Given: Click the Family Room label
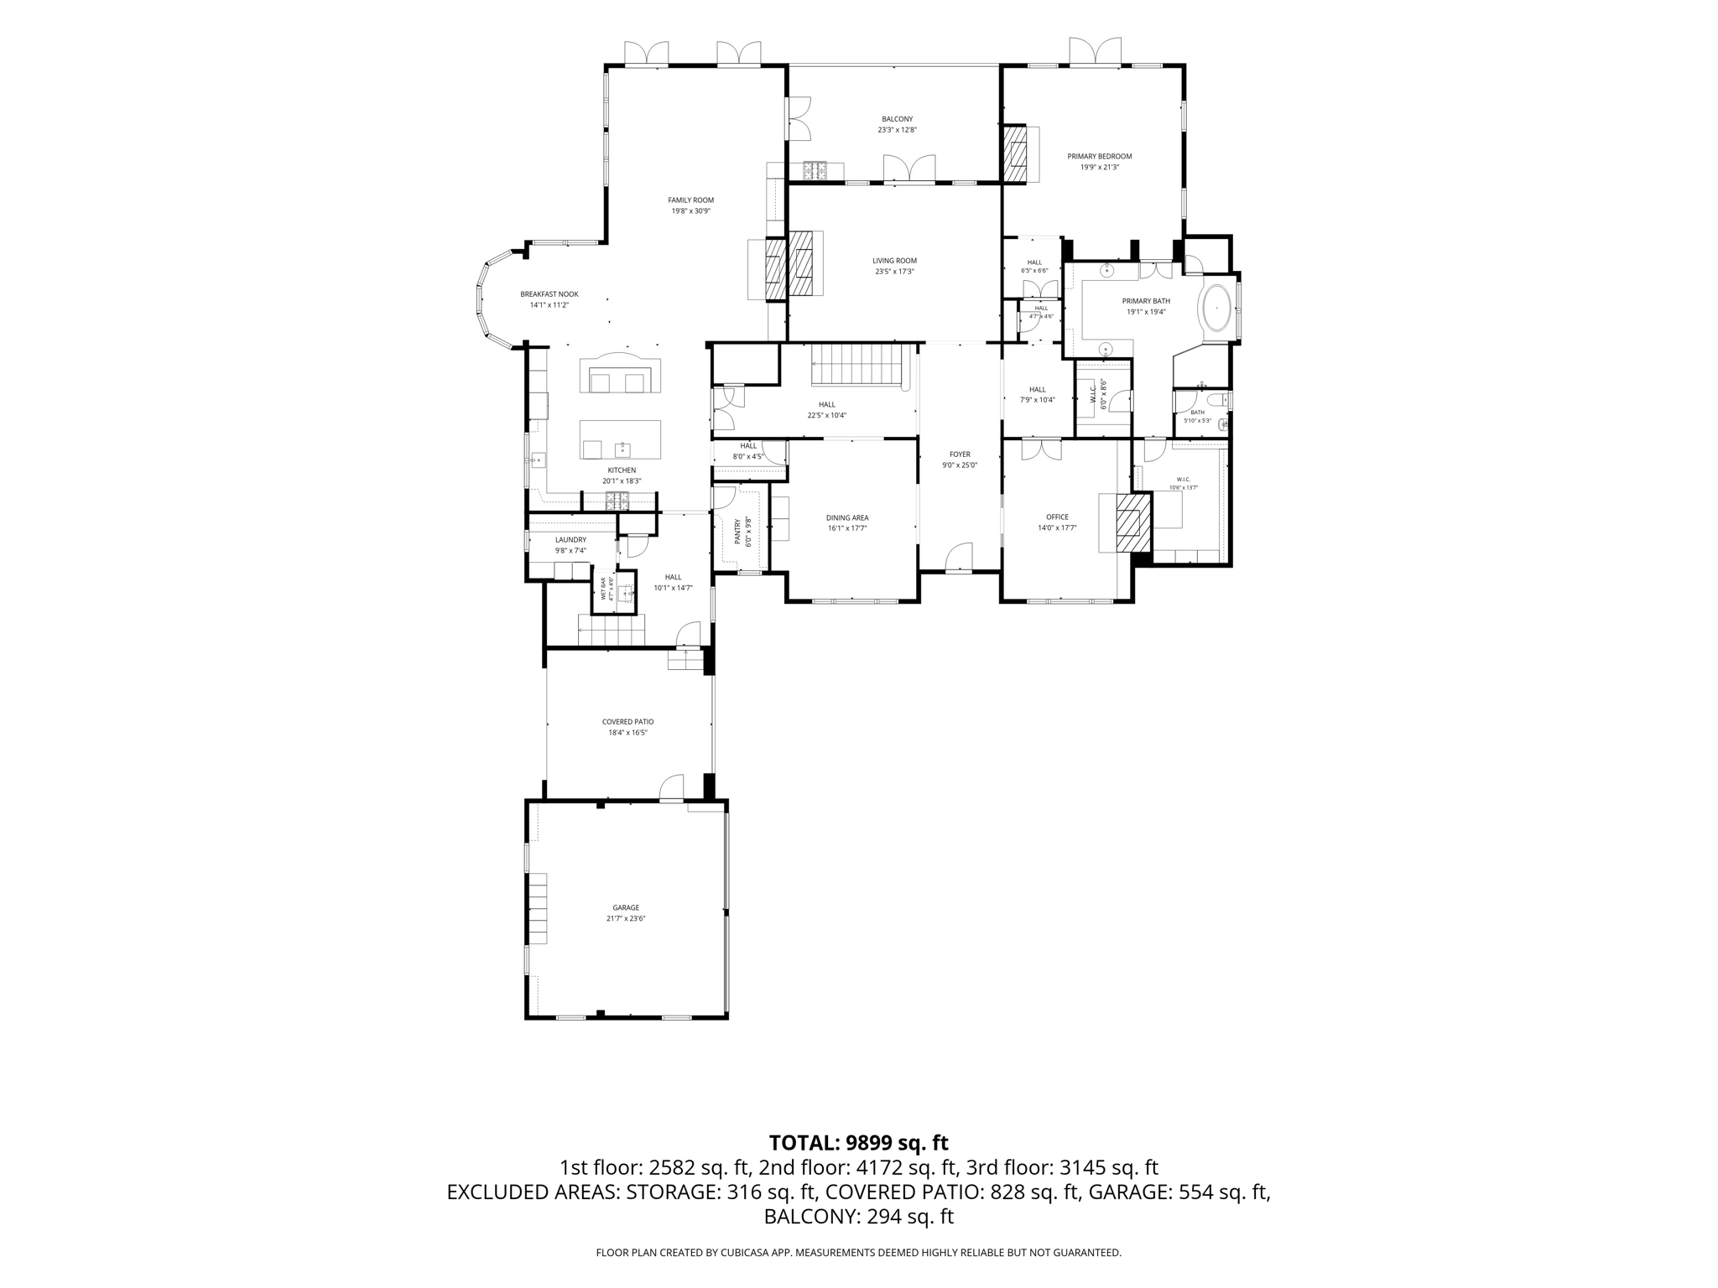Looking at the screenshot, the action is coord(690,200).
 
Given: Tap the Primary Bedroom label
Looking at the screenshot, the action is coord(1099,156).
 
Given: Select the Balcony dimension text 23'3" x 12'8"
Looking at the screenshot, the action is coord(897,130).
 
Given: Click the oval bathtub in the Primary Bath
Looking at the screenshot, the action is coord(1216,311).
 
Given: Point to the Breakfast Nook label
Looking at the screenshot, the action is coord(549,294).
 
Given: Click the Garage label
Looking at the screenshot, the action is coord(626,907).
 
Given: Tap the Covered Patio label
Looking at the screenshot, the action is coord(627,722).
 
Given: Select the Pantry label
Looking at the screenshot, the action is coord(738,532).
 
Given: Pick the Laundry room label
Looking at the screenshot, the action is coord(570,540).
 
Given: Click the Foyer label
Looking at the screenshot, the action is coord(960,454).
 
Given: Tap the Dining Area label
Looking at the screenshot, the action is coord(847,518).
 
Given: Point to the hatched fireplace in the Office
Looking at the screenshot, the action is coord(1132,522).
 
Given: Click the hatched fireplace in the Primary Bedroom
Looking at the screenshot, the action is coord(1015,154).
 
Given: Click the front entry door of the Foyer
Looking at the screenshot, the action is coord(959,558).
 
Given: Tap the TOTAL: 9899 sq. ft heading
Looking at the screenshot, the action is coord(858,1142).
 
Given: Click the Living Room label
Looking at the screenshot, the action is coord(894,261).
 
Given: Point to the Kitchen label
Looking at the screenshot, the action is coord(622,470).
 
